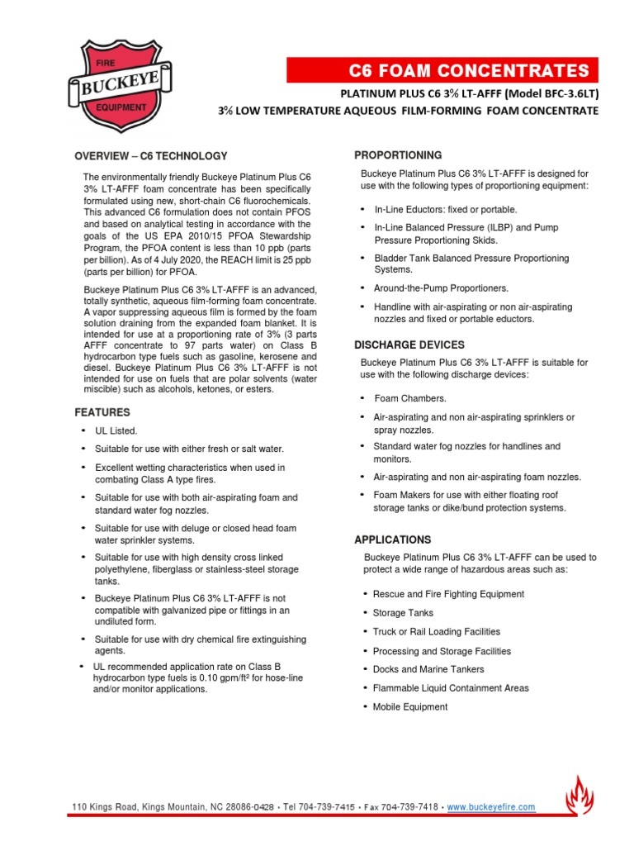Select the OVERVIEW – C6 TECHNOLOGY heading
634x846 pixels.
(150, 156)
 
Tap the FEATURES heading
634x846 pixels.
(102, 411)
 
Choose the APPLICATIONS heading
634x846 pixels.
(392, 539)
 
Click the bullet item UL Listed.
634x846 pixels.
(116, 431)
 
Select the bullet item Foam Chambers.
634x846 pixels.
(410, 398)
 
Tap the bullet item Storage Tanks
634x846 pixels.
(403, 613)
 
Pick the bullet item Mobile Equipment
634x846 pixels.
(410, 707)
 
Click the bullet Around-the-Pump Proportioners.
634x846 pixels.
(442, 288)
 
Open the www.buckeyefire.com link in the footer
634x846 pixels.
(491, 807)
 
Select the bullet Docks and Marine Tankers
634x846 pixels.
(428, 669)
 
